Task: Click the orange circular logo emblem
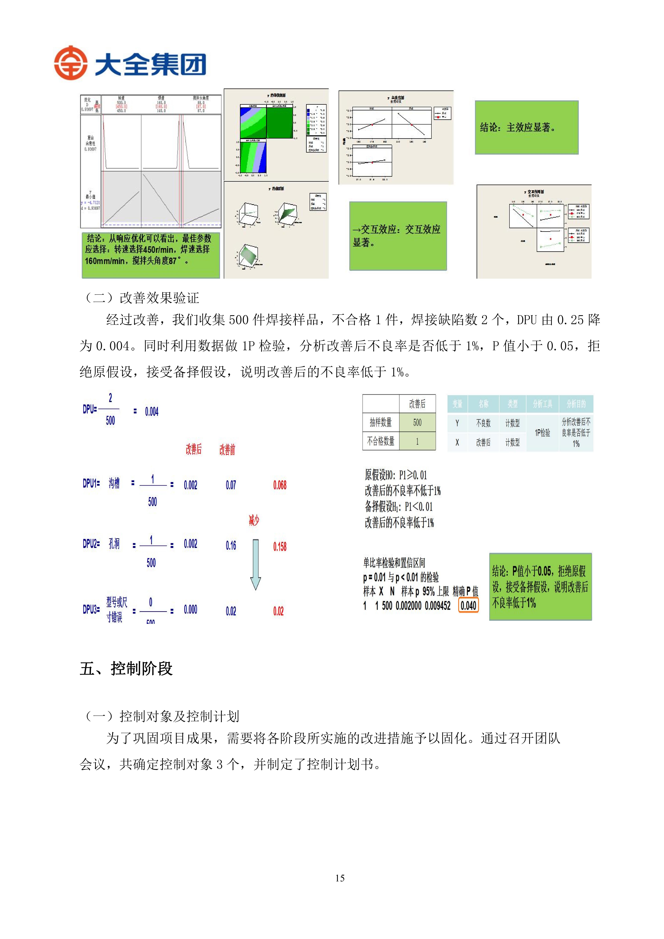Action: click(x=70, y=63)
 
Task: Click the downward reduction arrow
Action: click(x=255, y=564)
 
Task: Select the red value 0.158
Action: click(x=280, y=546)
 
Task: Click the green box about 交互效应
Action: click(x=398, y=236)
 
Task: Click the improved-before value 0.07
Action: click(x=231, y=485)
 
